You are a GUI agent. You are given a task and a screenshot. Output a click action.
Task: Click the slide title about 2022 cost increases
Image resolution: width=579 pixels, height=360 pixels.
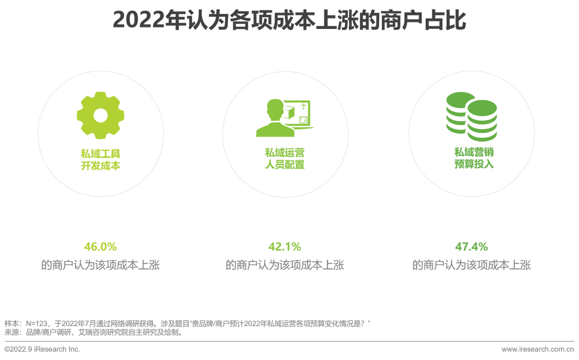point(289,20)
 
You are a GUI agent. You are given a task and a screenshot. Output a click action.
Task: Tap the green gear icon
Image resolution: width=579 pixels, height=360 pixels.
point(100,115)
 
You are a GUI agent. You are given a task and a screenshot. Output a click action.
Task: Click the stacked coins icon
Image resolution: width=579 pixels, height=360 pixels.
point(471,116)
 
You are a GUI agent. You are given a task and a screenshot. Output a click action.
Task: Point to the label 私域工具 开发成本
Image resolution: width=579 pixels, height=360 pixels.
point(100,160)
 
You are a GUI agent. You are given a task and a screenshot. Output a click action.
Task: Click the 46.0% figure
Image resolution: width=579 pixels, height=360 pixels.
point(100,247)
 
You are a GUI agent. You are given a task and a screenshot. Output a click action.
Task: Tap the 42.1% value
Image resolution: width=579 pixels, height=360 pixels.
point(285,247)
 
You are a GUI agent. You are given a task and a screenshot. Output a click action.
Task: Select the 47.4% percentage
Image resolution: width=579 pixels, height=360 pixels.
point(471,247)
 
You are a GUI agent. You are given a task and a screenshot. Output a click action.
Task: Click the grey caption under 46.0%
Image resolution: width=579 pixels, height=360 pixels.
point(100,265)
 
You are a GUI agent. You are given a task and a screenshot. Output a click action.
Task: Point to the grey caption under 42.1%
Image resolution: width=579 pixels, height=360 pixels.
point(285,265)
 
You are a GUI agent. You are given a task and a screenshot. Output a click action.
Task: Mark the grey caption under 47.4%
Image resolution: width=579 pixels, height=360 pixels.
point(471,265)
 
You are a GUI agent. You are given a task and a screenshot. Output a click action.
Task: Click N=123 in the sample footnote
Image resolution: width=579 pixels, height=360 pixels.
point(37,324)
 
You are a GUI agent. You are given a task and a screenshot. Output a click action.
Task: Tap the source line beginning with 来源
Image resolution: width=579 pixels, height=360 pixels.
point(93,333)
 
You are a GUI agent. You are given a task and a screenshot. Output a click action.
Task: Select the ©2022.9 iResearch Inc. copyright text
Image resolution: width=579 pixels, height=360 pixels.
point(42,349)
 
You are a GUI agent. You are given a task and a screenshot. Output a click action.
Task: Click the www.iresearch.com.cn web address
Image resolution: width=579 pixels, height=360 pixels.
point(537,349)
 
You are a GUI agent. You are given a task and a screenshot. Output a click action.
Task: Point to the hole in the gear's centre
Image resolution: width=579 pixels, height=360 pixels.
point(100,115)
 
